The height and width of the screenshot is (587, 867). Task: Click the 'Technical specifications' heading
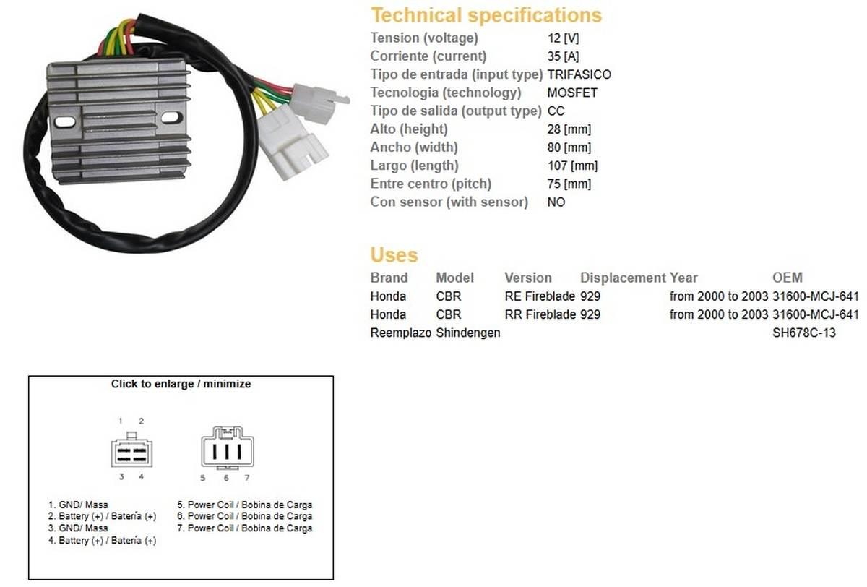tap(486, 15)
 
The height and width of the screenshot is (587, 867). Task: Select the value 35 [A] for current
tap(563, 56)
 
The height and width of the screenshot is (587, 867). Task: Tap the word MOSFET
tap(572, 93)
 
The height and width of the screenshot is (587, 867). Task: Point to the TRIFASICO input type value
tap(579, 74)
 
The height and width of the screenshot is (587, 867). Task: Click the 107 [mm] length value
tap(572, 166)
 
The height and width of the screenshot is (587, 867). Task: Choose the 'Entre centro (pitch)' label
tap(431, 184)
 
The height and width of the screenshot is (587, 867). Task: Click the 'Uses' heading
tap(394, 254)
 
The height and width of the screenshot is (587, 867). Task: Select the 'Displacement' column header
tap(623, 278)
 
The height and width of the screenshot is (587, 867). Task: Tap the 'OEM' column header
tap(788, 278)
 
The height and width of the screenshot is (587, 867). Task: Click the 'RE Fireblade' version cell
tap(540, 296)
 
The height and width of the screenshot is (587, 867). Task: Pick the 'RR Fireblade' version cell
tap(540, 314)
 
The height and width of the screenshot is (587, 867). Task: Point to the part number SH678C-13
tap(804, 333)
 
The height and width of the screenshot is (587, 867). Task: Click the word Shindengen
tap(468, 333)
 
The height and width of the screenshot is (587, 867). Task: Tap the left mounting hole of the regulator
tap(65, 122)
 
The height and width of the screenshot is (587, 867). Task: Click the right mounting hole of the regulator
tap(171, 117)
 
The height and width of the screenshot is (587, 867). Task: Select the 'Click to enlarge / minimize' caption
tap(181, 384)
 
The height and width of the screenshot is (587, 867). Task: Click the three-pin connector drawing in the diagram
tap(228, 447)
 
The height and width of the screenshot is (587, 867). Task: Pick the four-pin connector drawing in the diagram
tap(131, 450)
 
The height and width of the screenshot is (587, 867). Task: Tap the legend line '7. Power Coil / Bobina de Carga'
tap(245, 528)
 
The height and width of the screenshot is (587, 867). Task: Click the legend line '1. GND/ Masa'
tap(78, 505)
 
